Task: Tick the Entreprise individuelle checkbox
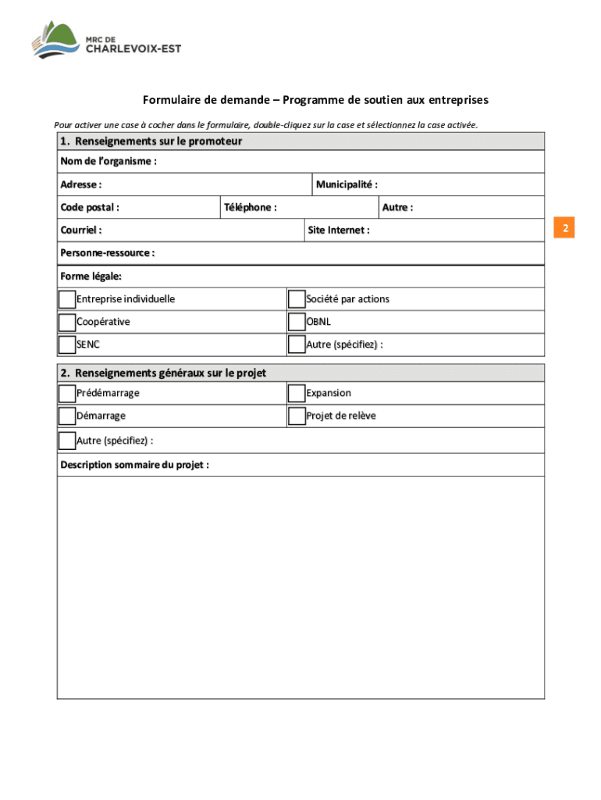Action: click(67, 299)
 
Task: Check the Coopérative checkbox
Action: click(67, 322)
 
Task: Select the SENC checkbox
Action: click(67, 345)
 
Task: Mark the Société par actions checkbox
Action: click(297, 299)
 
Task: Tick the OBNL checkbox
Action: click(297, 322)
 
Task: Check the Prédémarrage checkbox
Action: click(67, 393)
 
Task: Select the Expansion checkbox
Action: click(297, 393)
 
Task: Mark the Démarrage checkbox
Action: click(67, 416)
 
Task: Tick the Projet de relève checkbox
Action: click(297, 416)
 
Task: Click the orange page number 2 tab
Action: click(564, 228)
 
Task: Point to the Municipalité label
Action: click(347, 185)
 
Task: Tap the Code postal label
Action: click(90, 208)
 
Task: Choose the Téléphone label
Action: click(251, 208)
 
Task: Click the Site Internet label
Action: click(339, 230)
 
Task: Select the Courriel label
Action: click(81, 230)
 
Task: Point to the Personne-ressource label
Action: click(107, 253)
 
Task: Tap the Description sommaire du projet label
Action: click(134, 465)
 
